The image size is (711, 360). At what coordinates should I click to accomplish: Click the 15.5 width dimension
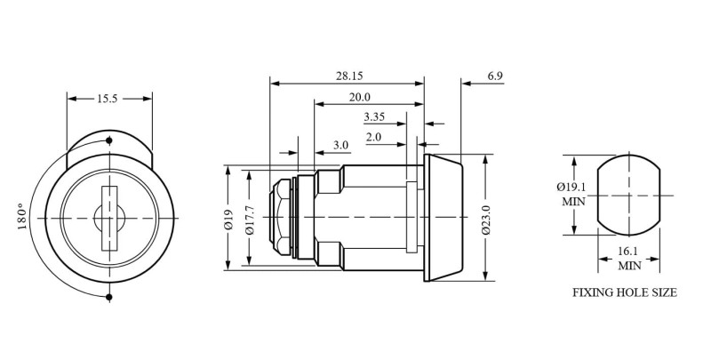coord(107,99)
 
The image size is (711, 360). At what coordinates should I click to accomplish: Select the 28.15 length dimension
coord(349,76)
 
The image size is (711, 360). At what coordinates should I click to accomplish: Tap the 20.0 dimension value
coord(360,97)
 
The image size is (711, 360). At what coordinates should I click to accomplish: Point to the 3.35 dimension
coord(374,117)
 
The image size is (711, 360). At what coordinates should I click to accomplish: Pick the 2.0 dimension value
coord(373,138)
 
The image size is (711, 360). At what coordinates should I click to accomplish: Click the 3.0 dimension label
coord(340,145)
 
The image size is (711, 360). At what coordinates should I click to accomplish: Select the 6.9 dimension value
coord(495,76)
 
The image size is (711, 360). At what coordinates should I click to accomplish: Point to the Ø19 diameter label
coord(228,219)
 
